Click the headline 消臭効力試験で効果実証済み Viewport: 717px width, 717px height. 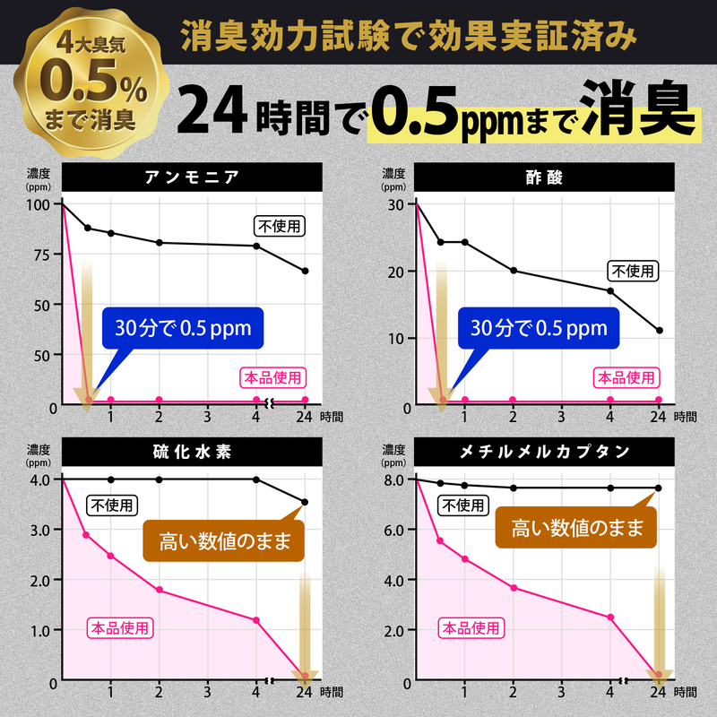(409, 39)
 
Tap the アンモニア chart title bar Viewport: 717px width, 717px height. (192, 177)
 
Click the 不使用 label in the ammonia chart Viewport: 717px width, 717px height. (280, 225)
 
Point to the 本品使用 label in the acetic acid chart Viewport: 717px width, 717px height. (628, 377)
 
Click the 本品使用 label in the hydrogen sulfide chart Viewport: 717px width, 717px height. (120, 627)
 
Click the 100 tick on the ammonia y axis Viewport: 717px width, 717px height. (39, 204)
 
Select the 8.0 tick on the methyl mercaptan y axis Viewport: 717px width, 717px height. (395, 479)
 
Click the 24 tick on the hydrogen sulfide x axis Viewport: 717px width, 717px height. (305, 692)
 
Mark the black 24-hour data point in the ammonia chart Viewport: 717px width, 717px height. (305, 271)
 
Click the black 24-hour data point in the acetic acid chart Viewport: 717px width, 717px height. (659, 331)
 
